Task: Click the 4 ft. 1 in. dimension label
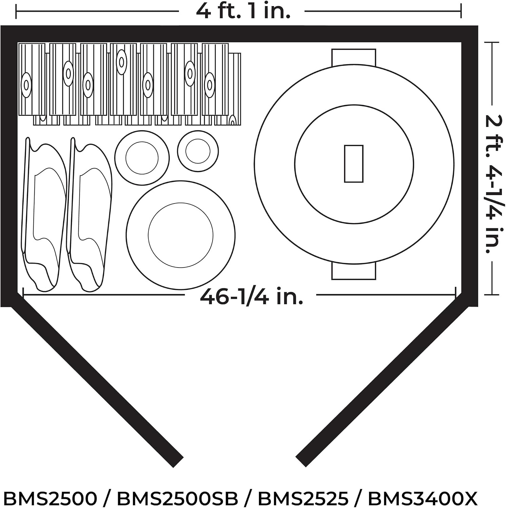coord(243,11)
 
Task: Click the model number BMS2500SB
coord(177,498)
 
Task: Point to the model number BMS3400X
coord(423,498)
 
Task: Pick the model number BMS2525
coord(303,498)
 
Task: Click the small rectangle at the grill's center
coord(353,164)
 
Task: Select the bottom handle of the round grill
coord(353,271)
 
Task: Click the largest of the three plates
coord(181,235)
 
